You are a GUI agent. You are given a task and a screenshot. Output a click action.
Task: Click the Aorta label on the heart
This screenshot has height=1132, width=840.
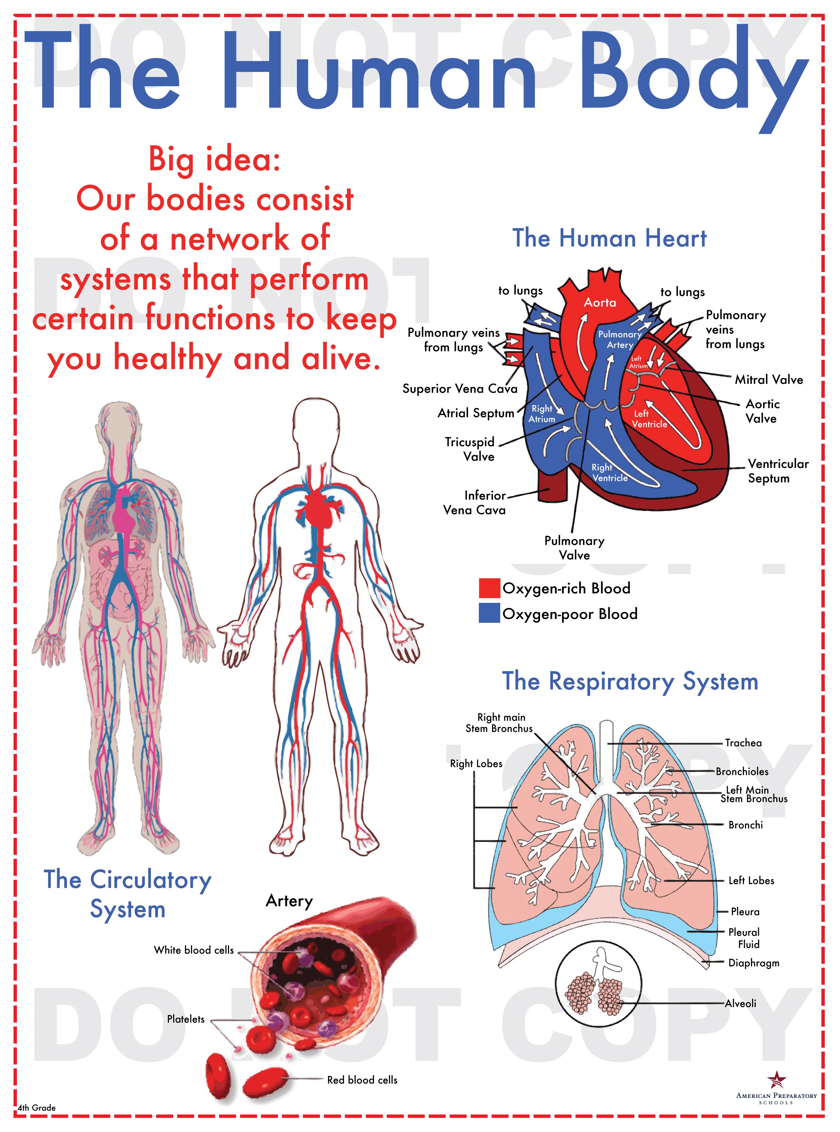[600, 303]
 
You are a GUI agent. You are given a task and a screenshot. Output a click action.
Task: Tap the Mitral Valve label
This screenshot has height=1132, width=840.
[768, 380]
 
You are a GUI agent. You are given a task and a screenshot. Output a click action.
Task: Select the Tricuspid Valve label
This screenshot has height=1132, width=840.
[470, 449]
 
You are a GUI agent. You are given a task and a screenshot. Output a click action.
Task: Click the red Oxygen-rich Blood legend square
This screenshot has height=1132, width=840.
[489, 588]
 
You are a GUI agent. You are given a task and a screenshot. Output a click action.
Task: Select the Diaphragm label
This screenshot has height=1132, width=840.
[753, 963]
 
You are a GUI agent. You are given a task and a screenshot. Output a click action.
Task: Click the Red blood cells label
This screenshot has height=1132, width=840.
[362, 1080]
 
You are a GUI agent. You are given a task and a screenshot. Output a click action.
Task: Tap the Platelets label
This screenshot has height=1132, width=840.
[186, 1019]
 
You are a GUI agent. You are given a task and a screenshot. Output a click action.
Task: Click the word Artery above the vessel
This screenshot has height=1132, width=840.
[289, 901]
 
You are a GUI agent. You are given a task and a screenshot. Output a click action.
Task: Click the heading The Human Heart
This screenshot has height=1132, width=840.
[609, 238]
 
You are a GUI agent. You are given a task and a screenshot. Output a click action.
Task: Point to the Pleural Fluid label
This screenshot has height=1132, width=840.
[744, 938]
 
